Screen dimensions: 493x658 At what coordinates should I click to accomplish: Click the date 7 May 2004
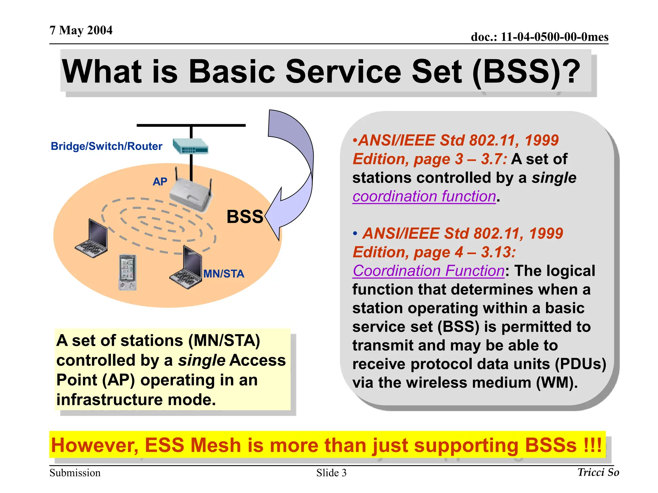81,30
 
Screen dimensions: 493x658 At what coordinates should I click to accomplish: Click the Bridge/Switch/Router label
106,146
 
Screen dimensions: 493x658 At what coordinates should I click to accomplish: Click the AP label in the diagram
160,182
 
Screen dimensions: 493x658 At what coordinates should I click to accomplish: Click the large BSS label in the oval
245,217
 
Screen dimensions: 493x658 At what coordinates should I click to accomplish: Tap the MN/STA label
224,274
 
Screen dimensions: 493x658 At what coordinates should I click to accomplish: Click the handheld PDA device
128,272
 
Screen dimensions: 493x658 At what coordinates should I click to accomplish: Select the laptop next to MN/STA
186,268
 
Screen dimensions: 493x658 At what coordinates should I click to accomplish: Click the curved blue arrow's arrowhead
273,215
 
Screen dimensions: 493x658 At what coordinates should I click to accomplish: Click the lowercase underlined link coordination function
424,196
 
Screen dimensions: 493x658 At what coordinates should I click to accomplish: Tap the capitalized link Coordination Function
429,271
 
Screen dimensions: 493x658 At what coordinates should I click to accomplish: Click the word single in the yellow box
202,360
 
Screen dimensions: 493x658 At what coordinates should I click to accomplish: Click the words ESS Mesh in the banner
193,445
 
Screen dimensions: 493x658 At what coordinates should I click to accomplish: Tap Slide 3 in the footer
331,473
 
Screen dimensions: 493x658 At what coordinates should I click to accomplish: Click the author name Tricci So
598,472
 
